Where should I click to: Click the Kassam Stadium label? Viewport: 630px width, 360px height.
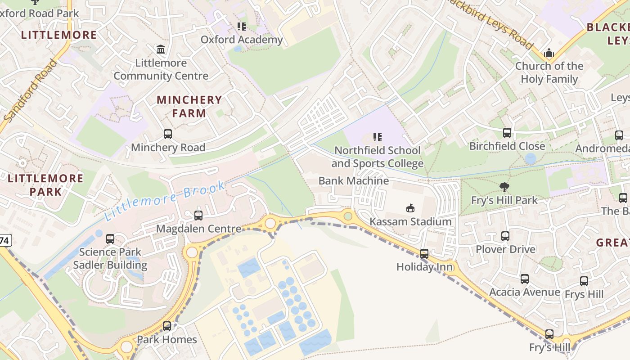click(x=410, y=221)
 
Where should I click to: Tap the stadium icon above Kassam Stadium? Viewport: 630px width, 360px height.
click(x=410, y=208)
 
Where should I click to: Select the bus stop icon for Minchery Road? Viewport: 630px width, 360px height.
click(x=168, y=134)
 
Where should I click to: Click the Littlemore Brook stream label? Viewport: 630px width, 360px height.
click(x=165, y=200)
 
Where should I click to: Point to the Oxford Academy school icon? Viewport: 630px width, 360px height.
click(x=242, y=27)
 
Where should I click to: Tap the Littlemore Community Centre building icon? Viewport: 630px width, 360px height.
click(x=161, y=49)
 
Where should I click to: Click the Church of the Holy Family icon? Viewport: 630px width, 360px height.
click(x=549, y=53)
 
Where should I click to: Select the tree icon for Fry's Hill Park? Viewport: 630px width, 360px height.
click(x=504, y=187)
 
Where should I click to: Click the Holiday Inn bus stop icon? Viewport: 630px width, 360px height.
click(x=424, y=253)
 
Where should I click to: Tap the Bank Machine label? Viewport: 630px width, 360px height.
click(x=354, y=180)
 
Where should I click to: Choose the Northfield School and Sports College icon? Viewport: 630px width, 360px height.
click(x=378, y=137)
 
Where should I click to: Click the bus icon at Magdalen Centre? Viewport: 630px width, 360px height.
click(x=198, y=215)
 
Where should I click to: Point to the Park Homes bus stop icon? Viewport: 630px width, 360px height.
click(x=167, y=326)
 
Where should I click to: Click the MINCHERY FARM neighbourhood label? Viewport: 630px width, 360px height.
click(x=189, y=106)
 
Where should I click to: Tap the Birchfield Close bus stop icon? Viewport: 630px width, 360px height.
click(x=507, y=132)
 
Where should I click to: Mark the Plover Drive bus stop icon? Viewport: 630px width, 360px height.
click(x=505, y=236)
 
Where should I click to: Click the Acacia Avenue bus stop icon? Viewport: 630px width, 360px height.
click(x=525, y=279)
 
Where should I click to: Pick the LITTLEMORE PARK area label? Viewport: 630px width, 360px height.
click(x=45, y=184)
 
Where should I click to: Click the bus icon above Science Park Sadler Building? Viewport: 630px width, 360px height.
click(x=110, y=238)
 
